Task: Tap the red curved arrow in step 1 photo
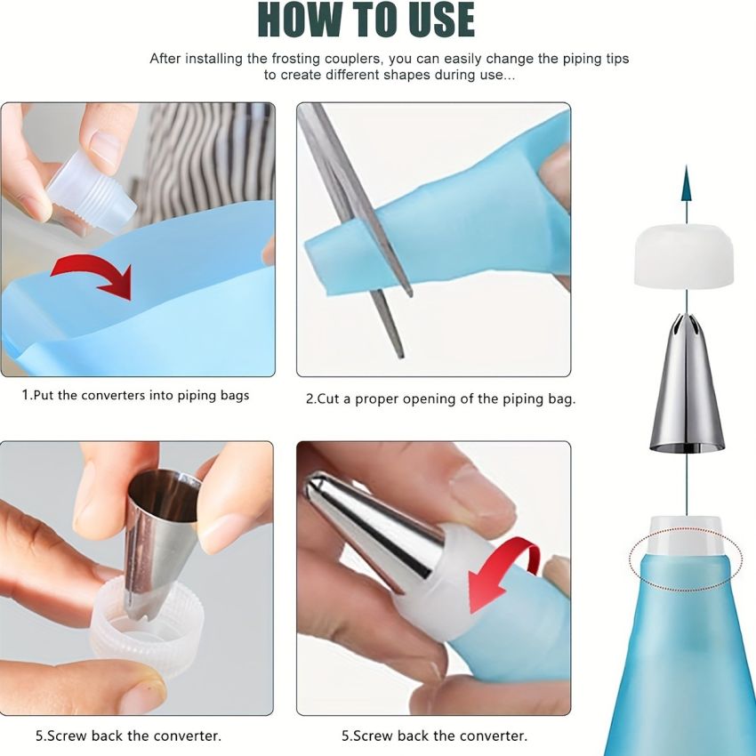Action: coord(98,270)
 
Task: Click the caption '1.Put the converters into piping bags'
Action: coord(135,395)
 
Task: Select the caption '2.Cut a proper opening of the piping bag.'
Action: coord(440,399)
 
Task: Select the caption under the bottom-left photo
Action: coord(129,736)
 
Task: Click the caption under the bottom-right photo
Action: coord(434,736)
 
